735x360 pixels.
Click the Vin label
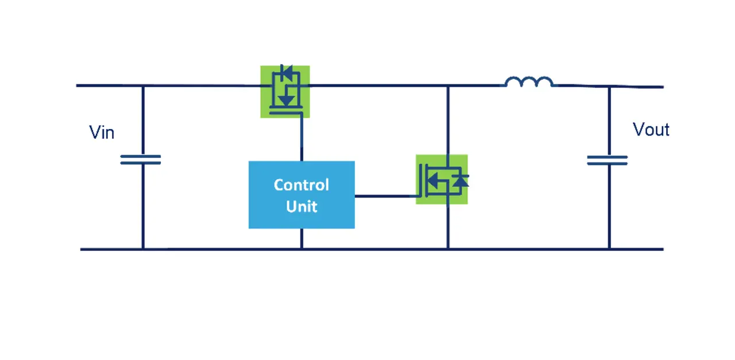point(102,133)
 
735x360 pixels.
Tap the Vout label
point(651,130)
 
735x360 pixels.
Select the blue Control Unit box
point(301,195)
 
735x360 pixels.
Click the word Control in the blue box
point(301,185)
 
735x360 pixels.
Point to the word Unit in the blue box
point(301,206)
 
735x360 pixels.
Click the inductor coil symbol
point(529,82)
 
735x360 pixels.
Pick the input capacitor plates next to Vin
point(141,160)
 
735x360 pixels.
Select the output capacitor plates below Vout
point(608,160)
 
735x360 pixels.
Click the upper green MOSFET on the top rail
point(285,92)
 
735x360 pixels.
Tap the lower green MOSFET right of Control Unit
point(442,179)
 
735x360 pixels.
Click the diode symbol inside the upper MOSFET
point(285,72)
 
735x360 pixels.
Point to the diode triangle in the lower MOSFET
point(461,181)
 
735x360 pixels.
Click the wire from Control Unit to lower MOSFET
point(385,196)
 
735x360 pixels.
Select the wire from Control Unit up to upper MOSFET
point(301,141)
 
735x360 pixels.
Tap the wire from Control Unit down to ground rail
point(301,239)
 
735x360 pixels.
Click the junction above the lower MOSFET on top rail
point(448,86)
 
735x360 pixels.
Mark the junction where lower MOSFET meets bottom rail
point(448,249)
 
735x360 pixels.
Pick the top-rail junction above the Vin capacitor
point(143,86)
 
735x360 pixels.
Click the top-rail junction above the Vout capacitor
point(609,87)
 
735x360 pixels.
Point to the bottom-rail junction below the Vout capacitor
point(609,249)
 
